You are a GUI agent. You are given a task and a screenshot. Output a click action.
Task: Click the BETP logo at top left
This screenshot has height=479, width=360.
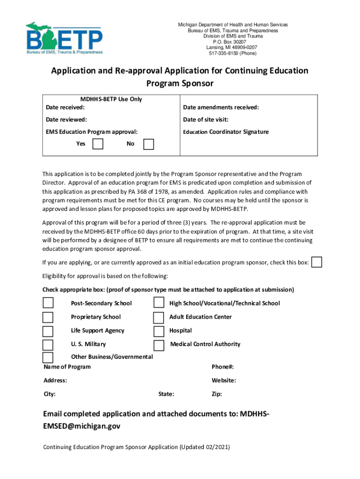click(64, 38)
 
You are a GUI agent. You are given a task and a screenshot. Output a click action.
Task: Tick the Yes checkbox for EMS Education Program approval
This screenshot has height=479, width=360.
click(98, 144)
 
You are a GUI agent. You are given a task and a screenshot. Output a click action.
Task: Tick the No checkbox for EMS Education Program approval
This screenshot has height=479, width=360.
click(148, 144)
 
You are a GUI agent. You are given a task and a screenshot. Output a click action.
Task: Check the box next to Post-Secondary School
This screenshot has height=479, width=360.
click(48, 303)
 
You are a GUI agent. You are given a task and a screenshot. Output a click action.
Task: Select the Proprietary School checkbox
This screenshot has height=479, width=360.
click(48, 317)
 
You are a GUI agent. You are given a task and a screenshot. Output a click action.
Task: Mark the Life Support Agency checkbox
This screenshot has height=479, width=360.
click(48, 331)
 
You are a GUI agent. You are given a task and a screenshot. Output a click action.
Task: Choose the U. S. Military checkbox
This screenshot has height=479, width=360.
click(48, 345)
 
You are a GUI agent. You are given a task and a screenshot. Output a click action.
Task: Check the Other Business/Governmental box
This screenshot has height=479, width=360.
click(48, 358)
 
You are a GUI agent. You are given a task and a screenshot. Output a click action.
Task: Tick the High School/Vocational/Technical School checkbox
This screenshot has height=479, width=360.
click(159, 303)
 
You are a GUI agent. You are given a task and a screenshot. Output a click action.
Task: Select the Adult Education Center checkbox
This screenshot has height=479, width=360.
click(159, 317)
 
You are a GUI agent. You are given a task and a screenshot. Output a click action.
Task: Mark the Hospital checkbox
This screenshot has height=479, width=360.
click(159, 331)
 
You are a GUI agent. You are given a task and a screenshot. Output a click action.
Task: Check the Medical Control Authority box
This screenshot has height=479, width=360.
click(159, 345)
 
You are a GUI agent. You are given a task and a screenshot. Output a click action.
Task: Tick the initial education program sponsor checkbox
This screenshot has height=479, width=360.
click(317, 262)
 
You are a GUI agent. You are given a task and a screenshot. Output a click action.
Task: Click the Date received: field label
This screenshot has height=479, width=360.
click(65, 108)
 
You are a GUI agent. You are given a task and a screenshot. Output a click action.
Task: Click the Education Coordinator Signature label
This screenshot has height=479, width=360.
click(226, 132)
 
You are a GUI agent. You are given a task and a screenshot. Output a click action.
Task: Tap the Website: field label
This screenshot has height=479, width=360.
click(223, 380)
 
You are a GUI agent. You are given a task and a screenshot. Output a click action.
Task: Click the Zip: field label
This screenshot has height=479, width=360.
click(216, 394)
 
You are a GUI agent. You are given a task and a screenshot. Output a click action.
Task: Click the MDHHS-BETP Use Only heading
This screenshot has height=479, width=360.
click(111, 99)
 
